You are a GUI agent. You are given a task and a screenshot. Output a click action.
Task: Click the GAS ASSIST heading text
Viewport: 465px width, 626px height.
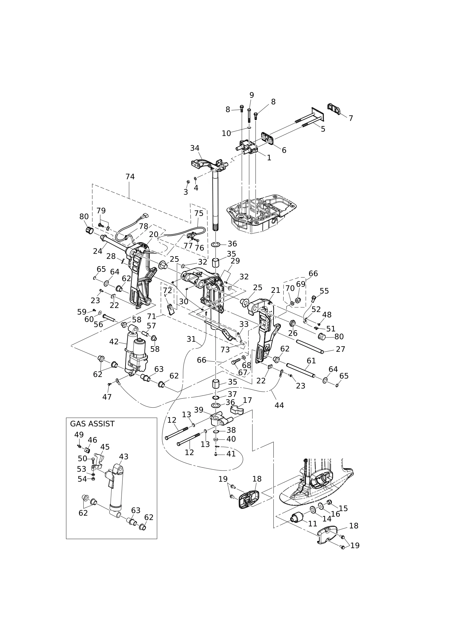click(x=92, y=424)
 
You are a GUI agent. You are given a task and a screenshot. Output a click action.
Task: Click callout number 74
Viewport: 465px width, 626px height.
click(x=130, y=177)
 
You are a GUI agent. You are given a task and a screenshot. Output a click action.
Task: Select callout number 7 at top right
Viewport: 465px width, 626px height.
click(x=351, y=118)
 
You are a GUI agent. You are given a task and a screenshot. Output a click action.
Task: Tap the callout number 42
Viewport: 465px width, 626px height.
click(x=114, y=342)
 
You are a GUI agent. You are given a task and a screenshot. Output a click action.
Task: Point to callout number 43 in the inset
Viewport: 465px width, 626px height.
click(x=124, y=457)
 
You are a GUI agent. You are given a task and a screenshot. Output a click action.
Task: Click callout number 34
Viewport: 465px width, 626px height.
click(x=195, y=148)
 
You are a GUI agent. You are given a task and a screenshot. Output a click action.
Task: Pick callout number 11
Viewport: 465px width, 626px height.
click(x=312, y=524)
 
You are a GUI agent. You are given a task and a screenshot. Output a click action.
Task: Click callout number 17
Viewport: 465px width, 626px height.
click(x=247, y=400)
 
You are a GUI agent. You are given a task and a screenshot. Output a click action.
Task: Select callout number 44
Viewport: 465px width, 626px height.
click(x=279, y=405)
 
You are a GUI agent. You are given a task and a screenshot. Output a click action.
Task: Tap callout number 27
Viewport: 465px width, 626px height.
click(x=340, y=349)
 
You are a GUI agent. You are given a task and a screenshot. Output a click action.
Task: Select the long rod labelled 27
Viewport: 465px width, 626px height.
click(x=310, y=346)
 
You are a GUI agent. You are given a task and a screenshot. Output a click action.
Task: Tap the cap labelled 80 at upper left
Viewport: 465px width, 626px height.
click(x=90, y=230)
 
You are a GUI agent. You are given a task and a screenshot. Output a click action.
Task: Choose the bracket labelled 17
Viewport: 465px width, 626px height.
click(x=237, y=410)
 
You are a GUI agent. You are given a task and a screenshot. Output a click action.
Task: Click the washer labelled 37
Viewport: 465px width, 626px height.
click(x=216, y=398)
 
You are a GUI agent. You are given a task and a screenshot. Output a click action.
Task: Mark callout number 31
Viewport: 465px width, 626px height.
click(x=191, y=339)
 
